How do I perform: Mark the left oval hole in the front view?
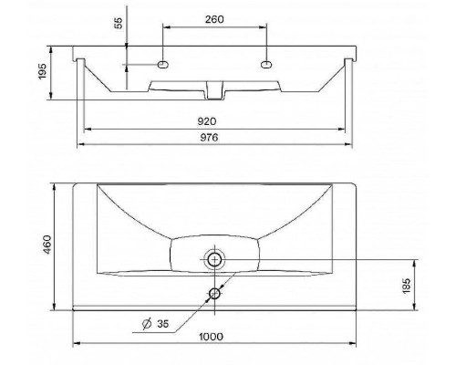click(163, 65)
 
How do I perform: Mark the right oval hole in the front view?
click(266, 65)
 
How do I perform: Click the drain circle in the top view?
click(215, 259)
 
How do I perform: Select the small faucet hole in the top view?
click(215, 293)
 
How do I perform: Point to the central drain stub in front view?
click(215, 89)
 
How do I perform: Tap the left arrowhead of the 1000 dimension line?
click(76, 344)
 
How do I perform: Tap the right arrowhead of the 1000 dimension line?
click(355, 344)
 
